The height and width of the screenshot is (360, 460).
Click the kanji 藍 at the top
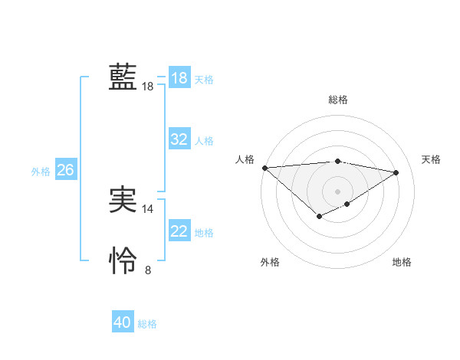pyautogui.click(x=123, y=77)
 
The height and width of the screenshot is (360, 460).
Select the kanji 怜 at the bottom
pyautogui.click(x=123, y=261)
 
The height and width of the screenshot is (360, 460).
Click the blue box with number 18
pyautogui.click(x=179, y=78)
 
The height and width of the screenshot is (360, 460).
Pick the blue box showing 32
pyautogui.click(x=179, y=139)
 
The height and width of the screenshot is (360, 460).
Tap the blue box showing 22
pyautogui.click(x=179, y=231)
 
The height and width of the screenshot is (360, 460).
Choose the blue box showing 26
pyautogui.click(x=65, y=170)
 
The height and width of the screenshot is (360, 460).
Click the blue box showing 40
pyautogui.click(x=123, y=322)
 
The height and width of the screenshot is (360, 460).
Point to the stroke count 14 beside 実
pyautogui.click(x=148, y=208)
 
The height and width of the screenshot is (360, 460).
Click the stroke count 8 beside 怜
pyautogui.click(x=148, y=270)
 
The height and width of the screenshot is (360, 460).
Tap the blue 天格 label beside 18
pyautogui.click(x=204, y=79)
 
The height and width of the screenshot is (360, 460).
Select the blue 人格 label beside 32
pyautogui.click(x=204, y=140)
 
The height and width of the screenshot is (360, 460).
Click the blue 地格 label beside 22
pyautogui.click(x=204, y=232)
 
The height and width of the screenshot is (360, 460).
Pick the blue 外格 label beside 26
pyautogui.click(x=41, y=171)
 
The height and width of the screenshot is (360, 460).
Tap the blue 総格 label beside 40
pyautogui.click(x=147, y=323)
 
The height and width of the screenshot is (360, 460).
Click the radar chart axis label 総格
pyautogui.click(x=338, y=100)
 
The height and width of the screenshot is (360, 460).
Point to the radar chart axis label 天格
pyautogui.click(x=432, y=159)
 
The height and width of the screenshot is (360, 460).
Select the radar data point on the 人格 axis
pyautogui.click(x=264, y=167)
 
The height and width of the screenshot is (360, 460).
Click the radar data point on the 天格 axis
pyautogui.click(x=396, y=172)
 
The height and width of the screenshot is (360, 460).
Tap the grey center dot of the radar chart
pyautogui.click(x=338, y=191)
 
